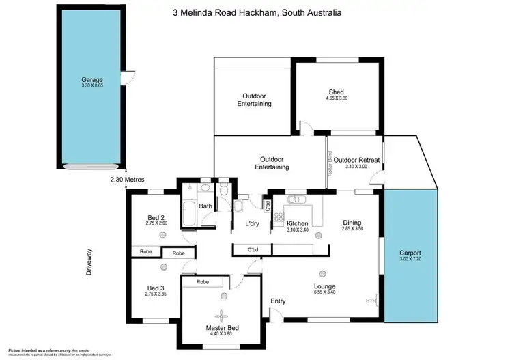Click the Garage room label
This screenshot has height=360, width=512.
(x=91, y=80)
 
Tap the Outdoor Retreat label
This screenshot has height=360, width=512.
(x=356, y=160)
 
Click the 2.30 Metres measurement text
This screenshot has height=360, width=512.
(x=130, y=180)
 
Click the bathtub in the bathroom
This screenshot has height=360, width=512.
(x=189, y=214)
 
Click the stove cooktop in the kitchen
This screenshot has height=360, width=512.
(x=278, y=218)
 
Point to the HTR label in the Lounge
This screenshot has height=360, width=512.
(x=371, y=301)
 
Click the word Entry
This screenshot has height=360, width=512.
(x=278, y=301)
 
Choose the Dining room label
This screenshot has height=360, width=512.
(x=352, y=222)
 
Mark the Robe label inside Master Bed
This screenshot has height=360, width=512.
(x=202, y=281)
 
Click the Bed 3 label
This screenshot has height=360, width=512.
(x=156, y=288)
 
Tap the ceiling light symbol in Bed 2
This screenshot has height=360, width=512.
(x=162, y=234)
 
